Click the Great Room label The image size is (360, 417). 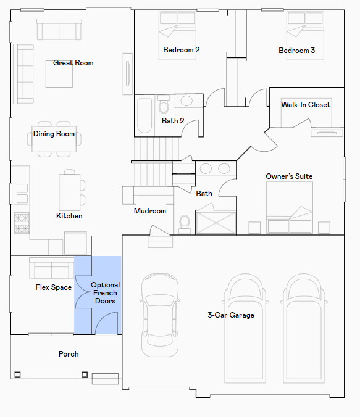tap(73, 63)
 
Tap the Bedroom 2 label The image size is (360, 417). tap(182, 50)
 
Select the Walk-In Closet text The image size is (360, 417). tap(306, 105)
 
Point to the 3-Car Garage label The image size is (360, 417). tap(231, 315)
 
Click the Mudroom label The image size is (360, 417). tap(150, 211)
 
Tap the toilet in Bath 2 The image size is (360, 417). tap(164, 104)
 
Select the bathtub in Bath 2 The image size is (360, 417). tap(144, 116)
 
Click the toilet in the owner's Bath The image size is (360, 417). tap(185, 224)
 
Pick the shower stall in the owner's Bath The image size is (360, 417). tap(216, 223)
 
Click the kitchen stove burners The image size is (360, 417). tap(22, 223)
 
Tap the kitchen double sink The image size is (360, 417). tap(21, 194)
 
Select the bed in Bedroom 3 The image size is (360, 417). tap(305, 36)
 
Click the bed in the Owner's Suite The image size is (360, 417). tap(290, 207)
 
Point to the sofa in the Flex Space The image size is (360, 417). tap(52, 268)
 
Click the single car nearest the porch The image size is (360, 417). tap(160, 315)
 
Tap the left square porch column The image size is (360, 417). tap(17, 374)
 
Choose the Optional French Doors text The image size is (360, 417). tap(105, 293)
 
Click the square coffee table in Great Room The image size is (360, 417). tap(59, 74)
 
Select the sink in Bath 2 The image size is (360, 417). tap(186, 101)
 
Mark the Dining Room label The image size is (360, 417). tap(54, 134)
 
